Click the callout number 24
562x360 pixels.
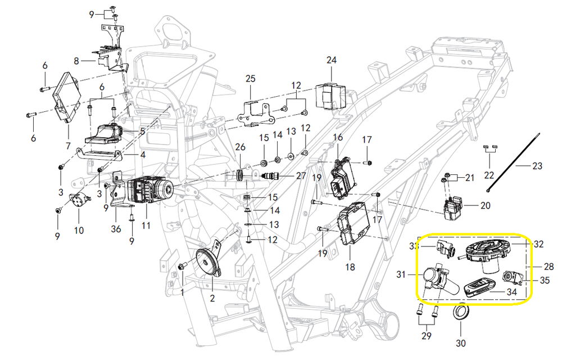[x=331, y=60]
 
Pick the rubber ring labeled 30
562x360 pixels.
[x=460, y=313]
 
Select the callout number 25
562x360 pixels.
[x=250, y=78]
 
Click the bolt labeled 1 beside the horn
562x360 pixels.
[x=182, y=267]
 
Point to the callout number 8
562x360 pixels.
[x=77, y=60]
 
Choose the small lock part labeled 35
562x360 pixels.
[x=513, y=277]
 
